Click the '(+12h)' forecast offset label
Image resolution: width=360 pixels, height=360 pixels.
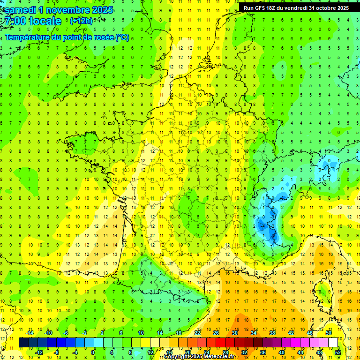[x=81, y=21]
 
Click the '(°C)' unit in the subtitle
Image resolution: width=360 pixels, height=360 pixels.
[x=122, y=37]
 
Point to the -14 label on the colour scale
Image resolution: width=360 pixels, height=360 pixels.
[x=30, y=333]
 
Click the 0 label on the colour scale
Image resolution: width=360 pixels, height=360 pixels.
[x=93, y=352]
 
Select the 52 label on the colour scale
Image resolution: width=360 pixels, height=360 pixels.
[x=337, y=352]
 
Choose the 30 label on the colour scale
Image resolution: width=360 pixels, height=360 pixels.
[x=235, y=333]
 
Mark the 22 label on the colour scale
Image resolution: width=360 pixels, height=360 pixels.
[x=197, y=333]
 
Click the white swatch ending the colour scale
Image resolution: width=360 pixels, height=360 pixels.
[x=333, y=342]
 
